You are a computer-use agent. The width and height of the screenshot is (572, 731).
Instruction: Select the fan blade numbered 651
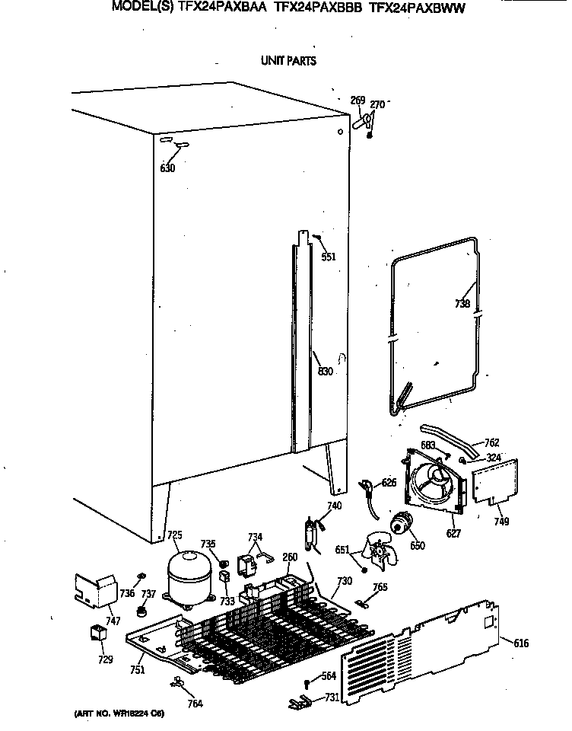point(378,551)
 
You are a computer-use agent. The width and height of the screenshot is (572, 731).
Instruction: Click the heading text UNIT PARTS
point(288,61)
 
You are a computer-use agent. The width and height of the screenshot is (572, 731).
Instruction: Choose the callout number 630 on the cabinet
point(167,168)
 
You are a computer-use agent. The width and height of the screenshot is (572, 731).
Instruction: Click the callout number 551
point(328,257)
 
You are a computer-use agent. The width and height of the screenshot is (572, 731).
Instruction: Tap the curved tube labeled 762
point(449,437)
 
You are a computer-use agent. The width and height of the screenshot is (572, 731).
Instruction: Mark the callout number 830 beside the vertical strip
point(326,372)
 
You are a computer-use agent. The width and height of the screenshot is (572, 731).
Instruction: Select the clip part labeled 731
point(298,699)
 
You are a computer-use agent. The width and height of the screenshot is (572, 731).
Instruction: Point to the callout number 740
point(335,506)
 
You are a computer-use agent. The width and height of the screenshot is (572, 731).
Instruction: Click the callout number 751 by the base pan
point(137,670)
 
